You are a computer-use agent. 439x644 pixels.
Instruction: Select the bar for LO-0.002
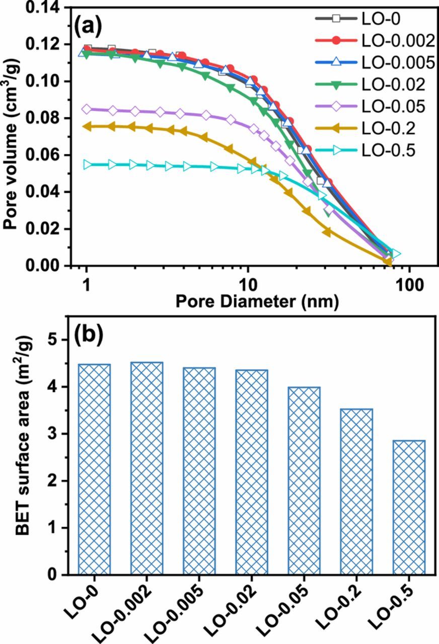tap(147, 468)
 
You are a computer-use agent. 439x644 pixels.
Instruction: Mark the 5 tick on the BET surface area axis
tap(64, 340)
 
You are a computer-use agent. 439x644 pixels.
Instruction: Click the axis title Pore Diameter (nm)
tap(256, 301)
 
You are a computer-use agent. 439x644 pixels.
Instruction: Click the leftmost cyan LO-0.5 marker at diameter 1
tap(88, 165)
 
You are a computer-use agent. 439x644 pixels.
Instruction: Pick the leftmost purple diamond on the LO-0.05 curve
tap(87, 109)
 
